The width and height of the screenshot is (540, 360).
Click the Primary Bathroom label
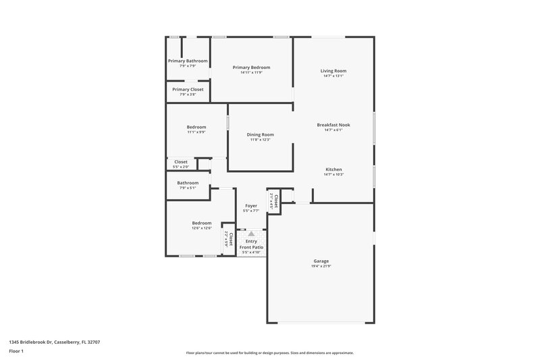coord(188,61)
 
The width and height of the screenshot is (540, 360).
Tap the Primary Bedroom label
coord(251,67)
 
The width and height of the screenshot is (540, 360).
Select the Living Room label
coord(333,71)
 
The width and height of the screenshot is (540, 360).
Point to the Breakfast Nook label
coord(333,124)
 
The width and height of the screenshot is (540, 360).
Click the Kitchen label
coord(333,169)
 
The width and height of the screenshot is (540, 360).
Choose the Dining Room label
coord(260,134)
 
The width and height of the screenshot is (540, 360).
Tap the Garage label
coord(321,261)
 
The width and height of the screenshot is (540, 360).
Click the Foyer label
coord(251,205)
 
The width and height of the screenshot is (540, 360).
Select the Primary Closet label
coord(188,89)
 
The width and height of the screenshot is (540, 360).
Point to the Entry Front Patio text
coord(251,245)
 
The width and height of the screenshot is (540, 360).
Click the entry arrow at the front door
coord(251,233)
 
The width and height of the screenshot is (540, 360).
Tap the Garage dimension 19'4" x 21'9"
coord(321,266)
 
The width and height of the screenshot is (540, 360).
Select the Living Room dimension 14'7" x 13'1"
coord(333,76)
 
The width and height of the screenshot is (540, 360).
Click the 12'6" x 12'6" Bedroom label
coord(202,223)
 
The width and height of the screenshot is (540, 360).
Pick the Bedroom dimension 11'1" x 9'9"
coord(196,132)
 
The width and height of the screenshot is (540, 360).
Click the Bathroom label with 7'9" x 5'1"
coord(188,182)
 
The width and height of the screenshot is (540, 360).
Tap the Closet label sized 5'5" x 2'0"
coord(181,162)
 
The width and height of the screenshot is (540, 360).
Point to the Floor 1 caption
coord(16,351)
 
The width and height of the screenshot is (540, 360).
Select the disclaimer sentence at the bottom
coord(270,353)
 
